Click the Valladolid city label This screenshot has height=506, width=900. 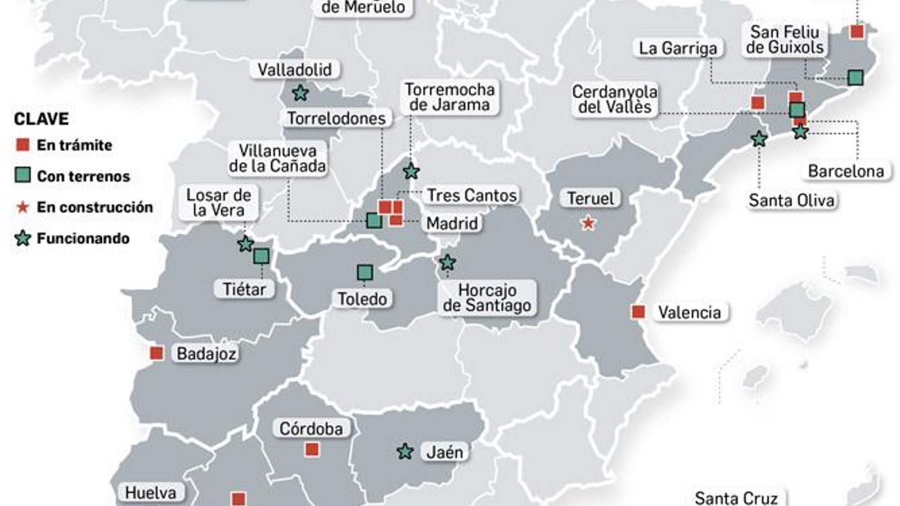tap(295, 70)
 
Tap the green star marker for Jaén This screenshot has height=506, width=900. tap(404, 451)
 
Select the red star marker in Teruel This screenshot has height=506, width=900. tap(588, 223)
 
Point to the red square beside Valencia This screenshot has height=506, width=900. tap(638, 311)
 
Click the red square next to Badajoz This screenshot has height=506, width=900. tap(156, 353)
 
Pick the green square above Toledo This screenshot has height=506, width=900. tap(365, 273)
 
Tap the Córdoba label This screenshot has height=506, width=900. tap(311, 428)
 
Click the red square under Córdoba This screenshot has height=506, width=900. tap(312, 449)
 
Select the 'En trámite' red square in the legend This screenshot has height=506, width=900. tap(22, 145)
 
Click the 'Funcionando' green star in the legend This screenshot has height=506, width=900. tap(22, 238)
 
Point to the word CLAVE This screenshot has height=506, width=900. tap(41, 119)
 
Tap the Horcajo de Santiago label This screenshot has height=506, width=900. tap(487, 297)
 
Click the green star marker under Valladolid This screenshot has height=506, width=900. tap(300, 93)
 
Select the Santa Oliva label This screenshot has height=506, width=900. tap(791, 200)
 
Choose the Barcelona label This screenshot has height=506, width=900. tap(845, 171)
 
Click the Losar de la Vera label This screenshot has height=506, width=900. tap(218, 202)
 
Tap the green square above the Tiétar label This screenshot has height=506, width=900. tap(261, 256)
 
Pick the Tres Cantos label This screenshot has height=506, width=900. tap(471, 195)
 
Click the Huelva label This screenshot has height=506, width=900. tap(150, 493)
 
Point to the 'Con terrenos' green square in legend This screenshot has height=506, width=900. tap(22, 176)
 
